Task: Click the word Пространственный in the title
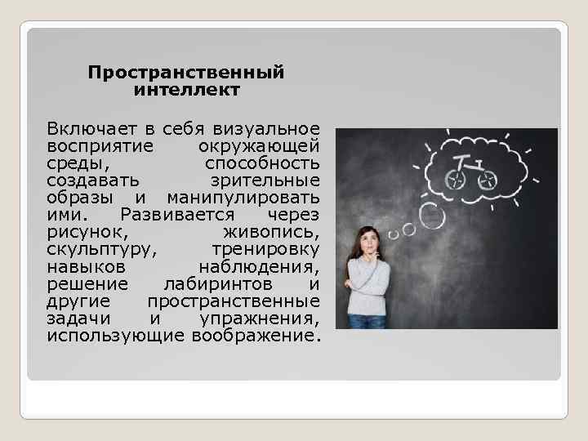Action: click(186, 73)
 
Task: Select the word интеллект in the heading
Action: click(186, 90)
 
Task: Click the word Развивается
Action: click(176, 214)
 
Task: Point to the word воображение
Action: click(256, 336)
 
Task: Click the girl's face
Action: click(369, 243)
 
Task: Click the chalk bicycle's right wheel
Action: click(487, 180)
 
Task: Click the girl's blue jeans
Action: click(368, 320)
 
